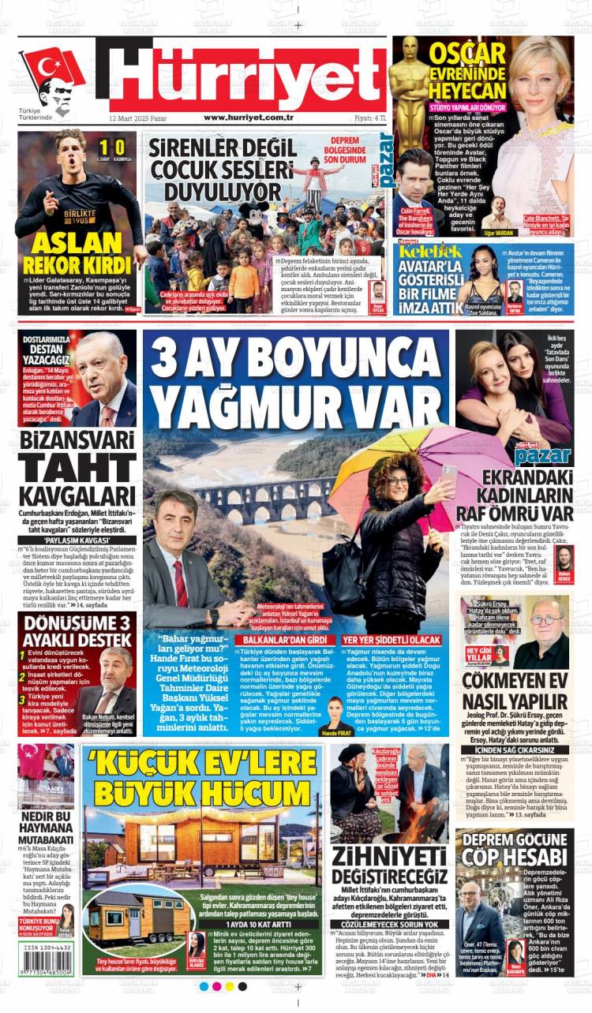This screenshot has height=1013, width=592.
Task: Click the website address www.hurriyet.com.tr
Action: (x=249, y=118)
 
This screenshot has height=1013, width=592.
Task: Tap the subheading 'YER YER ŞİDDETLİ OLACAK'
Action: (x=392, y=641)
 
